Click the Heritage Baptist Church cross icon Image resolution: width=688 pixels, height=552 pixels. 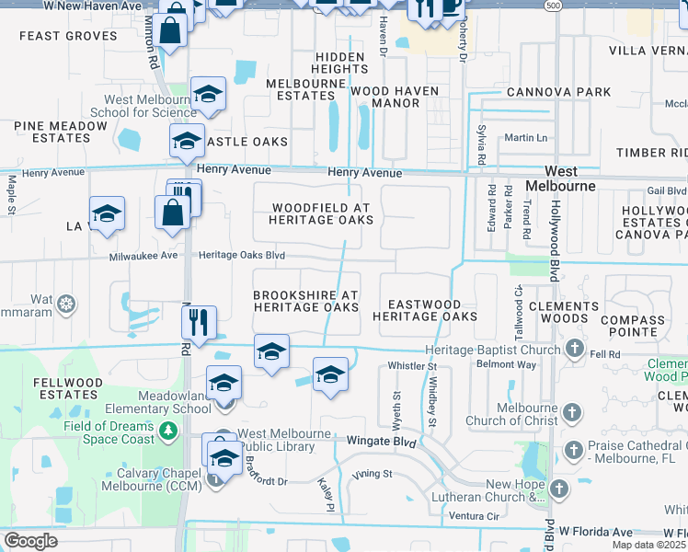tap(574, 349)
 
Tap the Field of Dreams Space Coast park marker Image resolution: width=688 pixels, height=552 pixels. tap(167, 431)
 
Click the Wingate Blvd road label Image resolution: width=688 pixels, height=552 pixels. tap(381, 443)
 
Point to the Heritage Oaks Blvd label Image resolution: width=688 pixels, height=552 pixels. tap(243, 256)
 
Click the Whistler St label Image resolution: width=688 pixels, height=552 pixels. tap(411, 366)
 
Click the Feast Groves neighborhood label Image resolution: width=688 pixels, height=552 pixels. tap(68, 36)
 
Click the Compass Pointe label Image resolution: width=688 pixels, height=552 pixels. tap(632, 327)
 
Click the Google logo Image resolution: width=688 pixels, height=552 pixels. tap(30, 541)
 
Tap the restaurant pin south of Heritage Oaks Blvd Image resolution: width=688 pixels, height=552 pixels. tap(199, 322)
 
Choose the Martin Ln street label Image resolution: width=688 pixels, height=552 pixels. tap(525, 138)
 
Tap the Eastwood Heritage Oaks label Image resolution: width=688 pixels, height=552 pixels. tap(425, 310)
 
